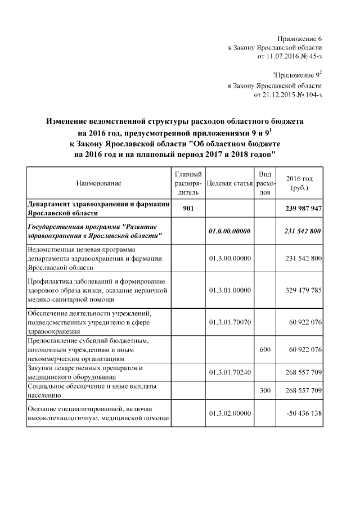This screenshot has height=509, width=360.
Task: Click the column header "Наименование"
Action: coord(98,183)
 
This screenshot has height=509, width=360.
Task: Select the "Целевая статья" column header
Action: coord(229,183)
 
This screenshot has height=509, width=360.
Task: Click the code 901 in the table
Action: coord(188,209)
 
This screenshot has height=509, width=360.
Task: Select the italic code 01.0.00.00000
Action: coord(229,231)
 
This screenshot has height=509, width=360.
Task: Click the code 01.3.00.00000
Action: coord(229,258)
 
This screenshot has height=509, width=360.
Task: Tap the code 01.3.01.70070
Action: coord(229,322)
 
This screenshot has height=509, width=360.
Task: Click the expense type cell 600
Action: coord(265,349)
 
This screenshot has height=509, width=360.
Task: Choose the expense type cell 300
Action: coord(265,390)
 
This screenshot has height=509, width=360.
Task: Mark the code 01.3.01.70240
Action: coord(229,372)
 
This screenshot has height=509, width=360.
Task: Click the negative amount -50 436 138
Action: coord(304,413)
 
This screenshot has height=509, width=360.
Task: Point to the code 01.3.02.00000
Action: coord(229,413)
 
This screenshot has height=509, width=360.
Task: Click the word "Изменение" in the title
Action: coord(69,121)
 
